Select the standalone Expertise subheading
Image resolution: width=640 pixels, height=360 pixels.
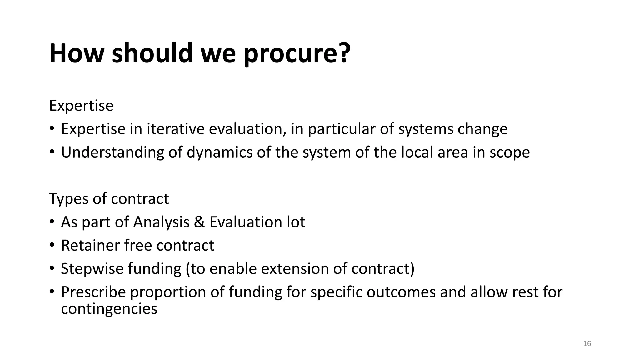(81, 106)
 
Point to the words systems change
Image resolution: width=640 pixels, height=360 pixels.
(452, 129)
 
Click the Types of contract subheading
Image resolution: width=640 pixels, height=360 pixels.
(109, 199)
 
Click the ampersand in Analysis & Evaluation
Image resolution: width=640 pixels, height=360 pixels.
(199, 222)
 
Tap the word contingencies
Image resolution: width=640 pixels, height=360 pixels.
(109, 309)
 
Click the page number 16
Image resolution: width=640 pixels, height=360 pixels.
(587, 344)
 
